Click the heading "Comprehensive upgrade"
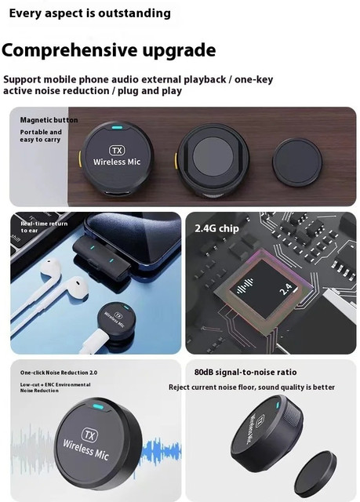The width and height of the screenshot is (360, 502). point(108,51)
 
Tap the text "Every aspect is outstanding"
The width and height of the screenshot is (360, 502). point(89,13)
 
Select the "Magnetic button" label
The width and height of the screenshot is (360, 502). point(49,120)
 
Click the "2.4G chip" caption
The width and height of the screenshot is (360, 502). point(217,229)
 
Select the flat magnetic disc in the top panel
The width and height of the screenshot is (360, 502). point(296,162)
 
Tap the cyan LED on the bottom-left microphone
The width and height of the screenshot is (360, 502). point(97,409)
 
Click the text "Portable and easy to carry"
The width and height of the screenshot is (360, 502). point(41,136)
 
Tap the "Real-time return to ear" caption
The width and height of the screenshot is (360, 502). point(44,227)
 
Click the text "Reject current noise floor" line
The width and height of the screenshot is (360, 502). point(251,387)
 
